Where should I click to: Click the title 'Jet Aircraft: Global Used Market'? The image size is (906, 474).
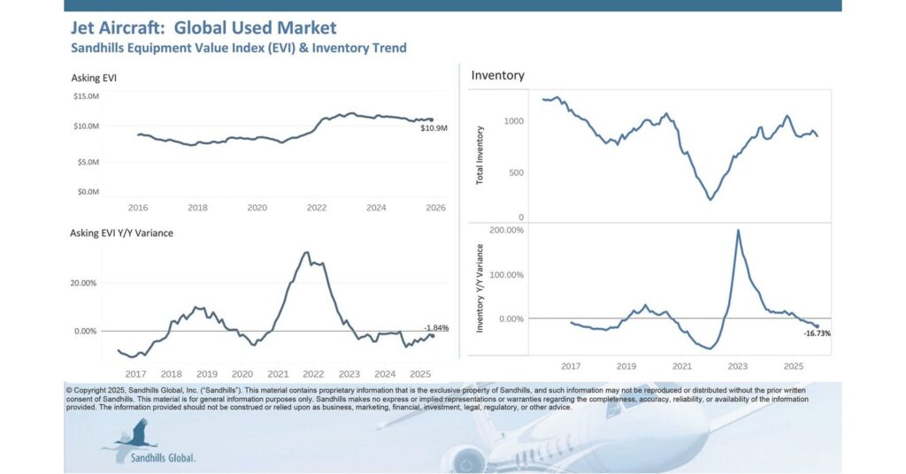tap(203, 28)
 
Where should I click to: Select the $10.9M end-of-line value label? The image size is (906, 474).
tap(434, 129)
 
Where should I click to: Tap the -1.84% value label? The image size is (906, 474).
tap(436, 327)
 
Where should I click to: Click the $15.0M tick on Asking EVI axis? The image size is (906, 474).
tap(86, 96)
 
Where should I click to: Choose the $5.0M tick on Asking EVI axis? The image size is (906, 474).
tap(88, 162)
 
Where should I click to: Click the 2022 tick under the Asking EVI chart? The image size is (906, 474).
tap(317, 208)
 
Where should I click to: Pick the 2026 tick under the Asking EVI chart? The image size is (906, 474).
tap(435, 208)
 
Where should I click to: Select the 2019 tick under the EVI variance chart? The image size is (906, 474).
tap(206, 374)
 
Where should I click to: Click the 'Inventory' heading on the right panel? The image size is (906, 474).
tap(497, 75)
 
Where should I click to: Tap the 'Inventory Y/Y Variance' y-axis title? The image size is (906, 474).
tap(480, 289)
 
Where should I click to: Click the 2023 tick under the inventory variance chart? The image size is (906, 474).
tap(737, 366)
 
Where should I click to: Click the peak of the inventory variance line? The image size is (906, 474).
tap(738, 231)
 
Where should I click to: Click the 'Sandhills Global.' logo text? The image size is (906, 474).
tap(164, 458)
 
